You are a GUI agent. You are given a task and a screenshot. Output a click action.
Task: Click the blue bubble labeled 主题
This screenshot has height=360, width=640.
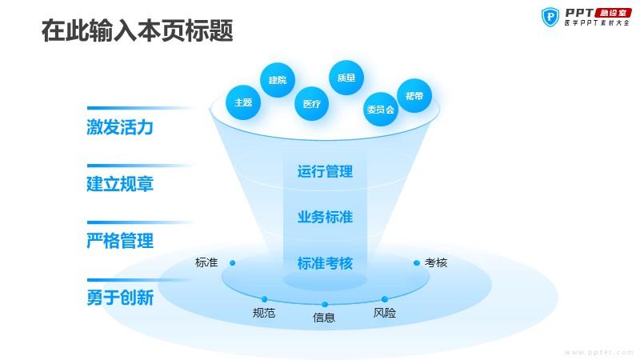click(x=243, y=102)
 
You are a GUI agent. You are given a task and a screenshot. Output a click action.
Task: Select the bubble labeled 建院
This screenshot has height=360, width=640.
click(x=278, y=80)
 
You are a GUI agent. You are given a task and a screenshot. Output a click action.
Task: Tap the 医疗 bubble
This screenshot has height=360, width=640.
click(x=312, y=104)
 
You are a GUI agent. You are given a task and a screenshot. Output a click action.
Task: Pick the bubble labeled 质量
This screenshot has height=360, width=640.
click(x=346, y=78)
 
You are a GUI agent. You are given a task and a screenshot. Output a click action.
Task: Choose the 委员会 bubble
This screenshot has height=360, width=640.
click(x=381, y=109)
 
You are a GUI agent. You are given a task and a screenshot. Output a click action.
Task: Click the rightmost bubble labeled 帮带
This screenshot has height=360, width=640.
click(x=414, y=96)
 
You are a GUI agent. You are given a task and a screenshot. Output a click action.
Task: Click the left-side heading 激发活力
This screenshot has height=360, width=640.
click(x=120, y=127)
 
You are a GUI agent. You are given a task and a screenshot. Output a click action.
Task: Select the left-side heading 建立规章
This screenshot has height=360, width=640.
click(x=120, y=184)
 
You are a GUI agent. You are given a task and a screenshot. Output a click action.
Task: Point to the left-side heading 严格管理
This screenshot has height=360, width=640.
click(x=120, y=241)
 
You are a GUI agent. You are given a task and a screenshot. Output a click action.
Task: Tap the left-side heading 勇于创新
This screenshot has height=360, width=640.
click(x=120, y=297)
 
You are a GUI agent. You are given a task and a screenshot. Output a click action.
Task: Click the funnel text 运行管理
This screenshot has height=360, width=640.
click(x=325, y=171)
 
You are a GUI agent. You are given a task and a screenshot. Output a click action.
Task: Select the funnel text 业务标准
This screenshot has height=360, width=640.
click(x=325, y=217)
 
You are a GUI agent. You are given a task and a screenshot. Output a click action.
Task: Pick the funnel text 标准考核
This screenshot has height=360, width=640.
click(x=325, y=263)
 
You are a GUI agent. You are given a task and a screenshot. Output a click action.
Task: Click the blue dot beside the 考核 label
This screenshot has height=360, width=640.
click(x=417, y=263)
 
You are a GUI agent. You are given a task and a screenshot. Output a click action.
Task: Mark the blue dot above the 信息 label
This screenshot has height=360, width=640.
click(x=325, y=305)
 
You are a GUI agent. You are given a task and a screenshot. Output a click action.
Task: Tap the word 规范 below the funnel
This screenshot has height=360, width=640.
click(x=264, y=313)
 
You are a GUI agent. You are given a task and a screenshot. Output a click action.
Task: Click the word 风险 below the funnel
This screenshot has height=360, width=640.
click(x=385, y=313)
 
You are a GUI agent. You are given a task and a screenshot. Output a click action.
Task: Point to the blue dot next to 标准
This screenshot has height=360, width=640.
click(x=232, y=263)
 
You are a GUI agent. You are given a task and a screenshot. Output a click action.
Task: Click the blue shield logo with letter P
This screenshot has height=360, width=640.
click(x=550, y=17)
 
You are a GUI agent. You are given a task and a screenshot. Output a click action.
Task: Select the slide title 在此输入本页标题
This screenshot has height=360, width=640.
click(x=137, y=30)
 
